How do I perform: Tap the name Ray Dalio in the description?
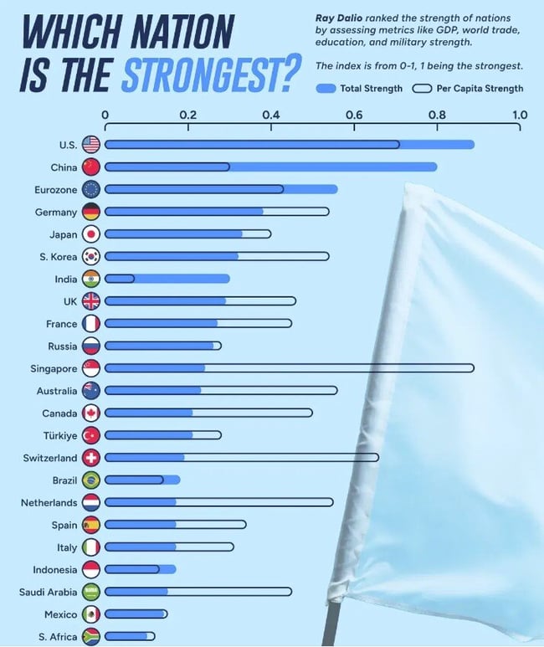click(x=338, y=18)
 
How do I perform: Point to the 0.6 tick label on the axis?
click(x=354, y=115)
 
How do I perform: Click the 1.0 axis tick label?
click(x=519, y=115)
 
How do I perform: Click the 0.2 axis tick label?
click(x=187, y=115)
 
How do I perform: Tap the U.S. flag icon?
click(x=91, y=145)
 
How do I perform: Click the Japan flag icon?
click(x=91, y=234)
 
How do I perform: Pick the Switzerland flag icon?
click(x=91, y=458)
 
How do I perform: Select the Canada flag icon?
click(x=91, y=413)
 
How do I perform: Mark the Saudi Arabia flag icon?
click(x=91, y=593)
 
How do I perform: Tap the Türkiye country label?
click(x=59, y=435)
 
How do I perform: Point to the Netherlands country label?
click(x=49, y=503)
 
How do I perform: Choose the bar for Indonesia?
click(x=139, y=570)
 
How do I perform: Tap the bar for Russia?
click(x=162, y=346)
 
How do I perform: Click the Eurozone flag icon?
click(x=91, y=189)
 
